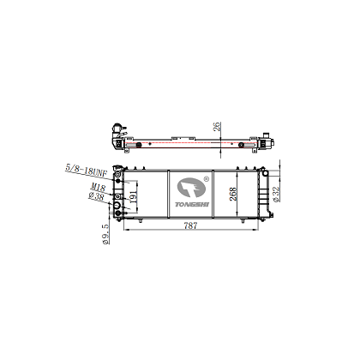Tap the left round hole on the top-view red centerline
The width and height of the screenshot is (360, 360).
coord(137,143)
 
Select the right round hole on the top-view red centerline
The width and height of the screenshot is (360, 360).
coord(241,143)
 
